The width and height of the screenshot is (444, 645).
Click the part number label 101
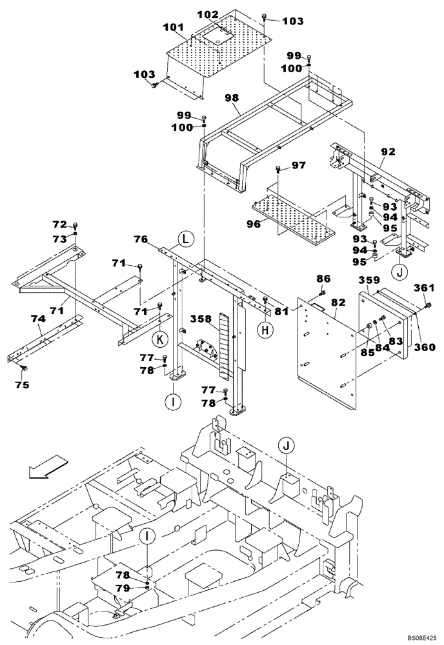point(174,28)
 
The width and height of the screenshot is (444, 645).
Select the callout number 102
point(208,14)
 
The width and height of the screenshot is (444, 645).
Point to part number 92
point(388,153)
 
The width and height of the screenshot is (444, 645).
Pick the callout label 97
point(298,166)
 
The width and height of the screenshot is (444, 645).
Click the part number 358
point(201,318)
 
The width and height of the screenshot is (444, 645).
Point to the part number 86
point(323,278)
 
